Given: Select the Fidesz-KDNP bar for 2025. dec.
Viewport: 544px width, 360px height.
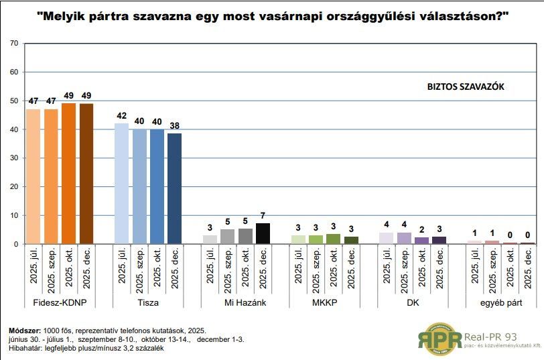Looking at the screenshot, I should coord(86,174).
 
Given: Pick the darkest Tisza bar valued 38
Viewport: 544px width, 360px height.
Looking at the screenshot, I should coord(174,188).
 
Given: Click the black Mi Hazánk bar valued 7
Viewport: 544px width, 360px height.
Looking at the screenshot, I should coord(263,233).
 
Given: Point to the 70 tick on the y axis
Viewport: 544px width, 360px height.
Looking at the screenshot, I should coord(13,44).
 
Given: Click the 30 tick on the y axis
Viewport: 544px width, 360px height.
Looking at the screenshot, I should coord(13,158).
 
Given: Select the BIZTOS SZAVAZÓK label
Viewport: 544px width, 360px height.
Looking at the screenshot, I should coord(466,87).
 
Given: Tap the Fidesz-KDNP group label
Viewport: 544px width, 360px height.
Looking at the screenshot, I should coord(59,302).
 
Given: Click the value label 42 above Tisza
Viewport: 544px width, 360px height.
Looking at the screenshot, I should coord(121,115).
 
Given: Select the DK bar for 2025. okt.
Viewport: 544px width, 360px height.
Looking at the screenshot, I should coord(421,240).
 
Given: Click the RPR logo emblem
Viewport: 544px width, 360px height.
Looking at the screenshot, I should coord(440,337).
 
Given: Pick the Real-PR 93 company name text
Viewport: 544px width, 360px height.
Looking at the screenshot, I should coord(496,335).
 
